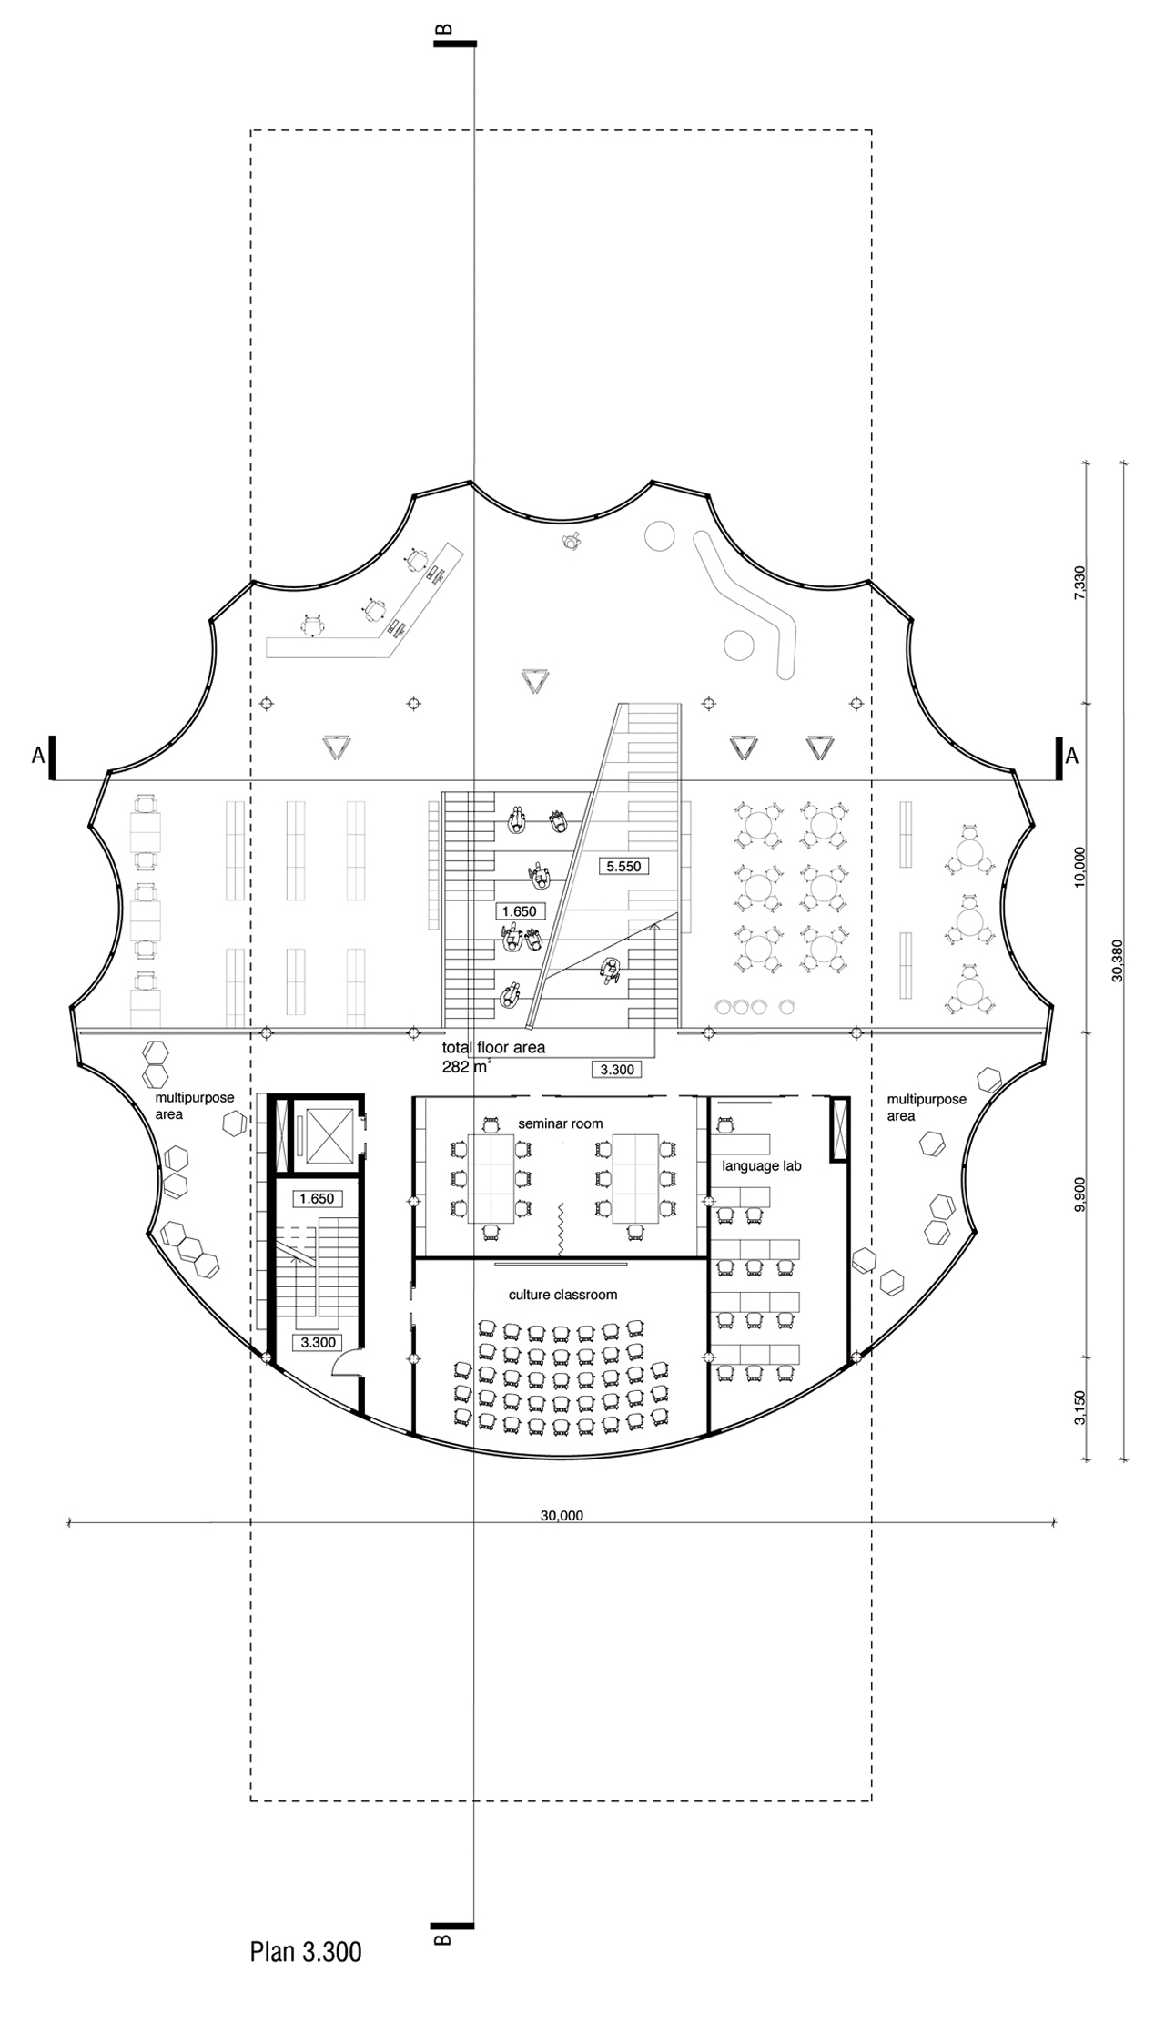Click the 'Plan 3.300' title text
(306, 1952)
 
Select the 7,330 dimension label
(1079, 584)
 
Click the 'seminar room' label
(561, 1123)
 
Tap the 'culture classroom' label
(562, 1295)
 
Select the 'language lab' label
(762, 1165)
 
